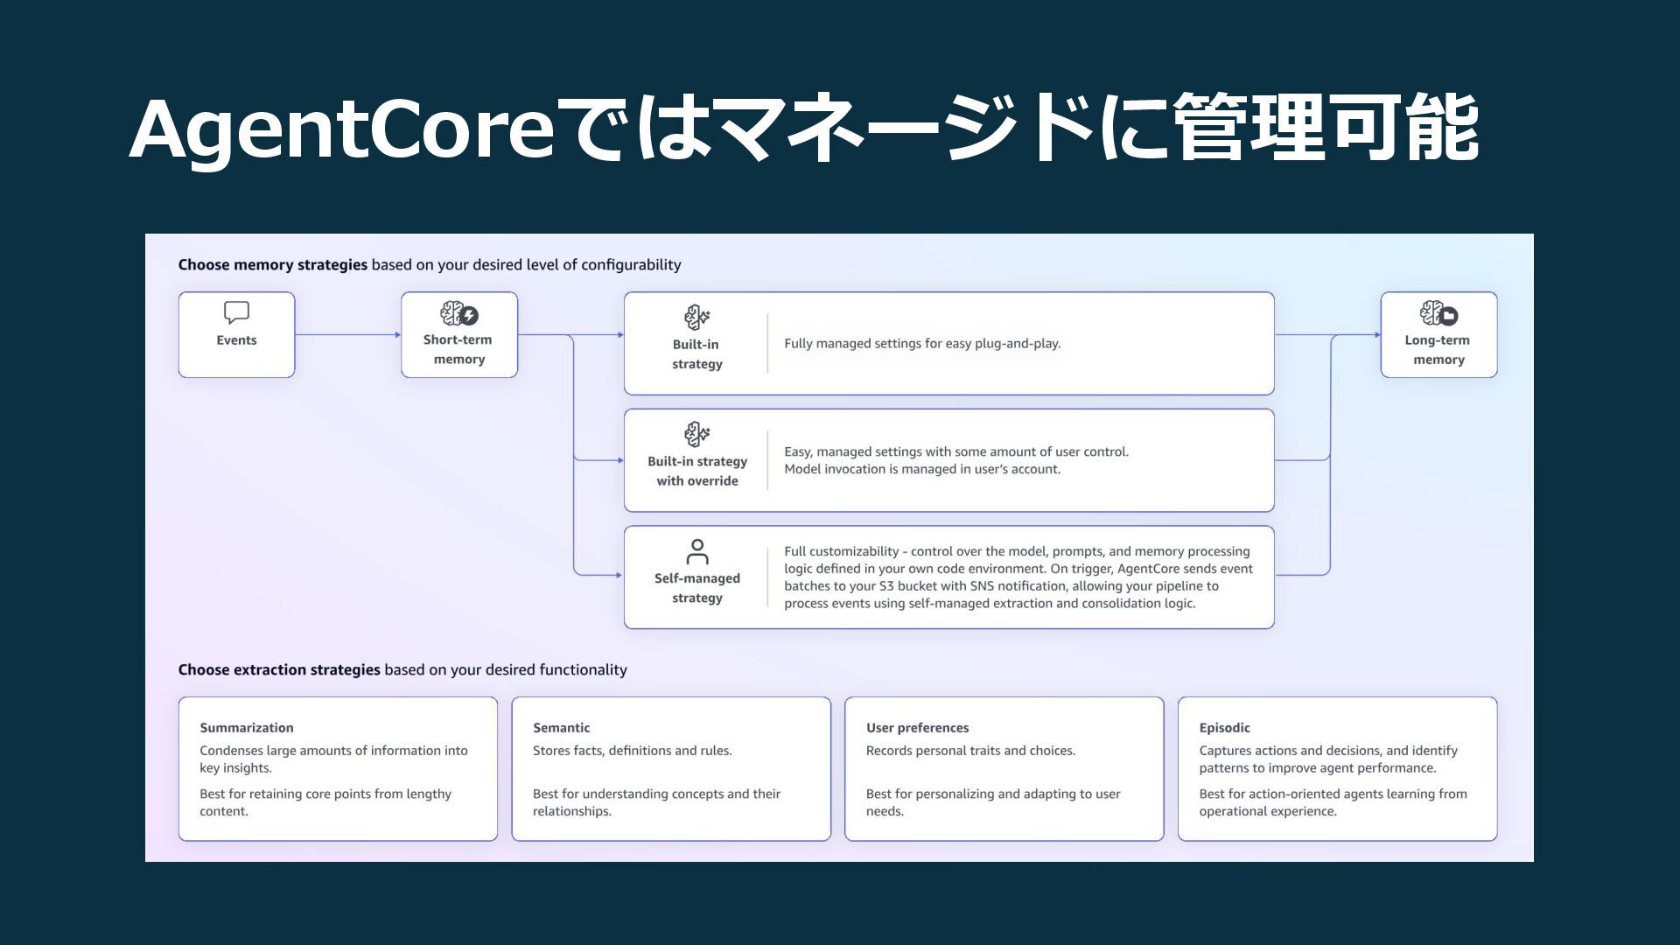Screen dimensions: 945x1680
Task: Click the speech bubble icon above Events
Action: point(236,312)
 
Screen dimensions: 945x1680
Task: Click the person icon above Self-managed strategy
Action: point(697,551)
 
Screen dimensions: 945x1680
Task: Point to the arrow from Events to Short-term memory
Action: point(347,334)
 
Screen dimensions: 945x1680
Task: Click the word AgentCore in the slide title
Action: point(341,129)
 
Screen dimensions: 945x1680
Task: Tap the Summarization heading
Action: point(247,727)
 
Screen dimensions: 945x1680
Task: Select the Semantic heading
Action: point(561,727)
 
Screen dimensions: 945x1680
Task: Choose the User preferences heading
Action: point(917,727)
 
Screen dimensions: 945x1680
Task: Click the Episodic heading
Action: point(1224,727)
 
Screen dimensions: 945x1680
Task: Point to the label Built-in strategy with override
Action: point(697,471)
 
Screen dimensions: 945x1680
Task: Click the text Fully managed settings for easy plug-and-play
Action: point(922,343)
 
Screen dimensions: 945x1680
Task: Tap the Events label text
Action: point(236,340)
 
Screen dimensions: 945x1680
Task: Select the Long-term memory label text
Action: point(1438,349)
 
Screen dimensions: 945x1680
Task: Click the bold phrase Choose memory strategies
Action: point(272,264)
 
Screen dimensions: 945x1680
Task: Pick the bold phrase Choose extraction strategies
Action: point(279,669)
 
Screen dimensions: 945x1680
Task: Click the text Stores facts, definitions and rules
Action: point(632,751)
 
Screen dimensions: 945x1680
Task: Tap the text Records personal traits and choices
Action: point(970,751)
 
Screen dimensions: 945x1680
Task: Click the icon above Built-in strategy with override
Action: point(697,434)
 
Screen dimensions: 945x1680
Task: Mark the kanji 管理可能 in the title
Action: point(1325,129)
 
